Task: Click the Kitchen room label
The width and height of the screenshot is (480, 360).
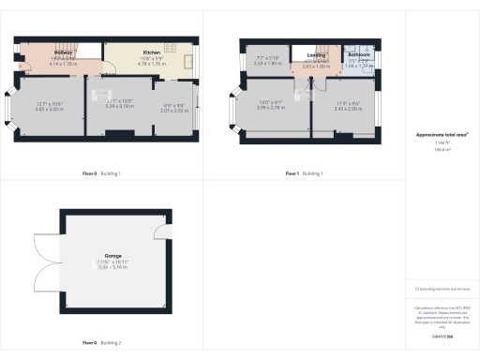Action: [151, 52]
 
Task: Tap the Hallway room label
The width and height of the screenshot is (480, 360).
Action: [64, 52]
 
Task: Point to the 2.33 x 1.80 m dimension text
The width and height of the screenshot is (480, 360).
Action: [268, 64]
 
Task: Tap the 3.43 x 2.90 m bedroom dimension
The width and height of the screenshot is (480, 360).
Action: [347, 109]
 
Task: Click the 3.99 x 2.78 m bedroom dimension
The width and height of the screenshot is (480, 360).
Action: [270, 109]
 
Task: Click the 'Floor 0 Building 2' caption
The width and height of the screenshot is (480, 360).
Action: [101, 342]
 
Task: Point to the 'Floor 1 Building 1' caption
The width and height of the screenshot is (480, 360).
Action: [304, 173]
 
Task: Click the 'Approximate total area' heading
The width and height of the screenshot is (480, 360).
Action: [442, 135]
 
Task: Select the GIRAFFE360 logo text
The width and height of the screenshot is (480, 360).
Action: [442, 335]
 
